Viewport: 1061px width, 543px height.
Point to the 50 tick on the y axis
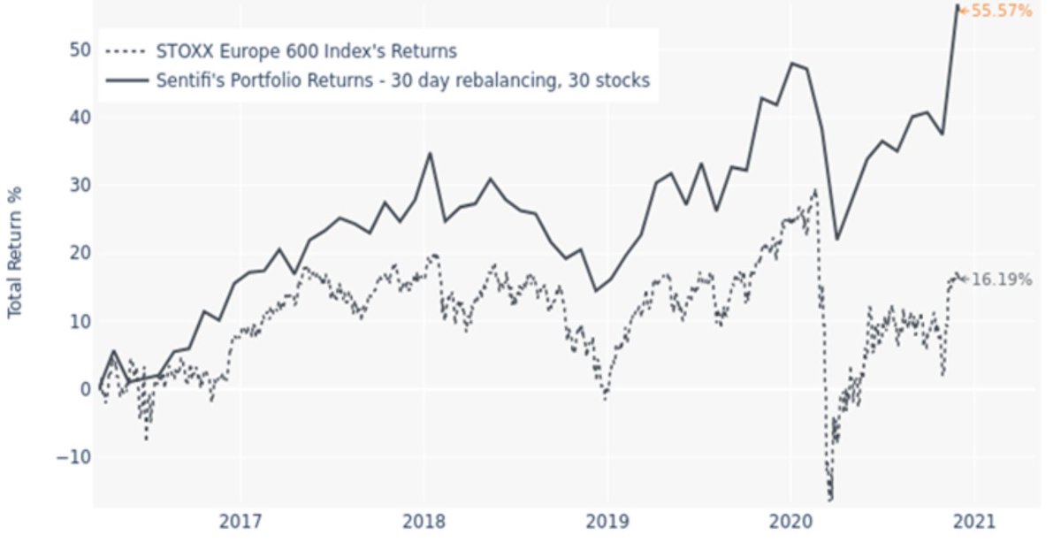(78, 49)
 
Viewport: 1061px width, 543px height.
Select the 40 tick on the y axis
(78, 117)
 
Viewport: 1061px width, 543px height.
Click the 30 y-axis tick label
(78, 185)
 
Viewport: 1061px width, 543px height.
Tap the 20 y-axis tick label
(78, 253)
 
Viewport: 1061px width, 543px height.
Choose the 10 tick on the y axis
(78, 321)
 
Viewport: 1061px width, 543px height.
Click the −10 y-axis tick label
(73, 457)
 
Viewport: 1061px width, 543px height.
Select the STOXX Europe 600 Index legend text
(306, 50)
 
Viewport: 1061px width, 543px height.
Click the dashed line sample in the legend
(126, 50)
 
